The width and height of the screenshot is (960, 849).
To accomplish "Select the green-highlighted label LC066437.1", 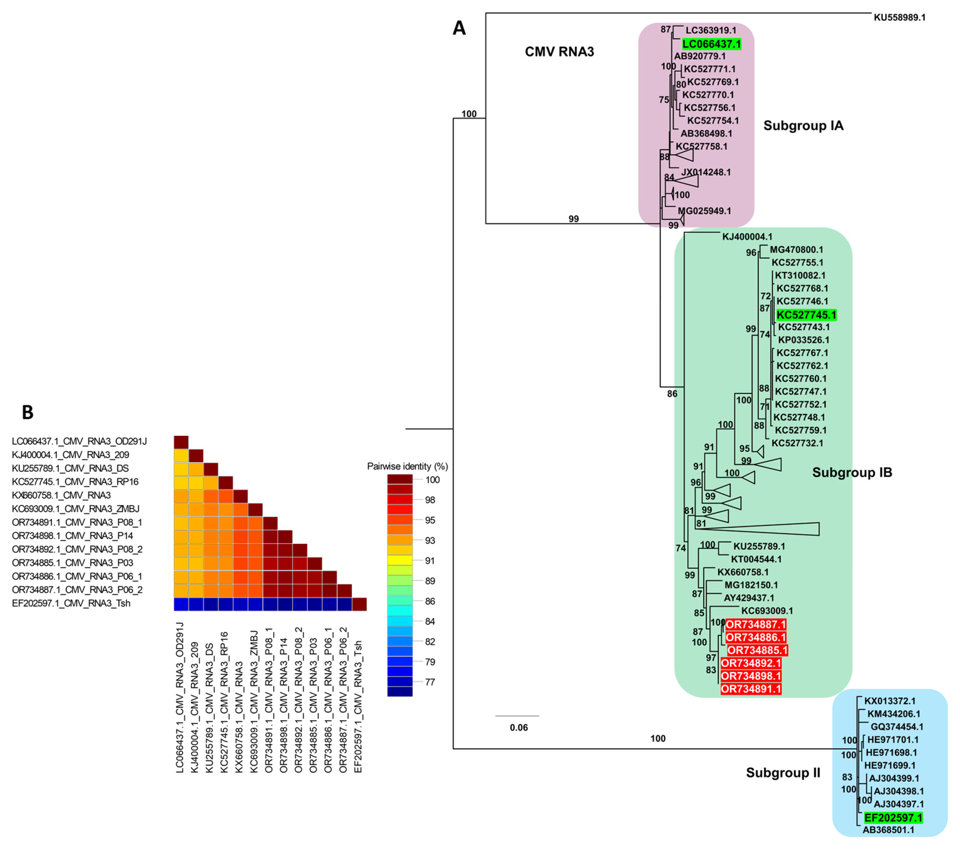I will pyautogui.click(x=712, y=44).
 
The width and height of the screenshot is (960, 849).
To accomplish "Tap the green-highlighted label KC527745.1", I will pyautogui.click(x=806, y=315).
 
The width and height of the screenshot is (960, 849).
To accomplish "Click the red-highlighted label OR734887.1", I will pyautogui.click(x=755, y=624).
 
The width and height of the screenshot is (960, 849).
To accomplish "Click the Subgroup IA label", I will pyautogui.click(x=803, y=126).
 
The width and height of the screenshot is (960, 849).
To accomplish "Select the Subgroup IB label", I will pyautogui.click(x=852, y=472).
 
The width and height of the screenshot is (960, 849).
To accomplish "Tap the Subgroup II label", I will pyautogui.click(x=783, y=772).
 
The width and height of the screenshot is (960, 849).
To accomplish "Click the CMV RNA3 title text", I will pyautogui.click(x=559, y=52).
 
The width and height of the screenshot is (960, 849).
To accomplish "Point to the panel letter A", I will pyautogui.click(x=459, y=29).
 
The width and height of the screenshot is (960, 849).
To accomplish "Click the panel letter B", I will pyautogui.click(x=28, y=412).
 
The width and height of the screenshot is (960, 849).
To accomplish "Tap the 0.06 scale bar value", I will pyautogui.click(x=519, y=727).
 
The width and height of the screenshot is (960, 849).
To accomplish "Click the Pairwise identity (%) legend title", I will pyautogui.click(x=407, y=466).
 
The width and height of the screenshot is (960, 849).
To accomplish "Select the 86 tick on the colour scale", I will pyautogui.click(x=430, y=601).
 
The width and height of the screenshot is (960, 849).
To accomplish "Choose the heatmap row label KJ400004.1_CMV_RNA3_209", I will pyautogui.click(x=70, y=455).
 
